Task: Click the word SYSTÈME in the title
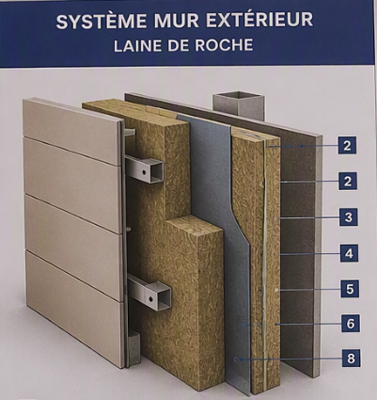click(x=102, y=22)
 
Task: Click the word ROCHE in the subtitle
click(x=224, y=45)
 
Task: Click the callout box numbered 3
click(x=348, y=217)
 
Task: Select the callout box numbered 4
click(x=349, y=253)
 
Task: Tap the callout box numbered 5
click(x=350, y=289)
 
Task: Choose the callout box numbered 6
click(x=350, y=324)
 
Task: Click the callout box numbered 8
click(x=351, y=358)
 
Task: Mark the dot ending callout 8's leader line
click(x=236, y=359)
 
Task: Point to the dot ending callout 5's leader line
click(x=276, y=290)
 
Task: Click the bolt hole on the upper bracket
click(x=143, y=172)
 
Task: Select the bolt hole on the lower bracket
click(x=151, y=299)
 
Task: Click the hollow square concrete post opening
click(x=239, y=95)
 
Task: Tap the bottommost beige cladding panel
click(x=74, y=309)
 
